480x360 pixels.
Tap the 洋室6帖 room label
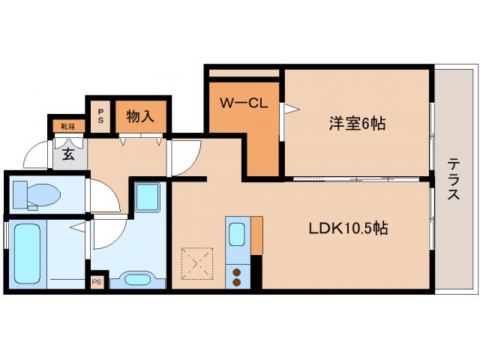pyautogui.click(x=356, y=124)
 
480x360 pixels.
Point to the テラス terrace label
pyautogui.click(x=454, y=179)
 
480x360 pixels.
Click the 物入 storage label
pyautogui.click(x=140, y=117)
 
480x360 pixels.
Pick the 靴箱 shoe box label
pyautogui.click(x=67, y=126)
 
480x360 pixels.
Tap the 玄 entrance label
pyautogui.click(x=67, y=155)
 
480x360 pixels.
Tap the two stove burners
pyautogui.click(x=238, y=276)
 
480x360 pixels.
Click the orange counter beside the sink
pyautogui.click(x=257, y=235)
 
